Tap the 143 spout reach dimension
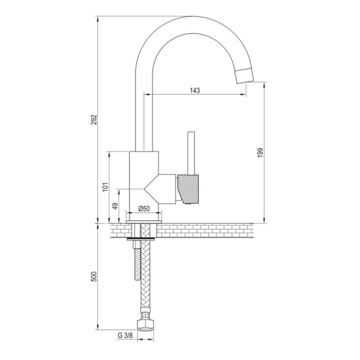195,90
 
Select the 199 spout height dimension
260,152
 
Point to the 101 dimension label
105,187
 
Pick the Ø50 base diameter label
145,208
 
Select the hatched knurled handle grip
189,188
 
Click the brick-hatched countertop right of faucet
210,231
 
